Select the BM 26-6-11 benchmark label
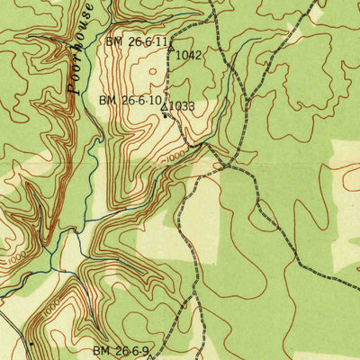click(137, 42)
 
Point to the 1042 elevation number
click(188, 55)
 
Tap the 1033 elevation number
click(182, 106)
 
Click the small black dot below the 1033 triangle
click(165, 115)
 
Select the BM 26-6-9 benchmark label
click(124, 350)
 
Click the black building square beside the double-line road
click(31, 344)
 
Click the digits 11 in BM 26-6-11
click(161, 42)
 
